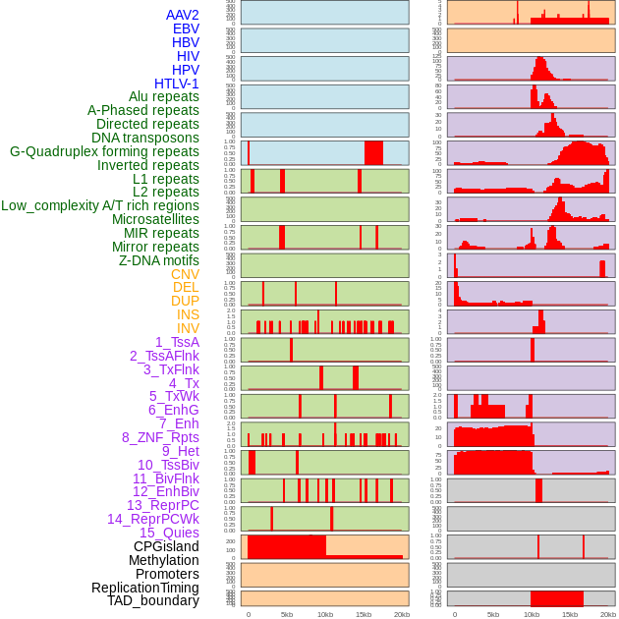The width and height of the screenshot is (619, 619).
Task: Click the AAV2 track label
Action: (x=182, y=15)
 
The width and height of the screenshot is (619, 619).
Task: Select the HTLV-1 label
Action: (x=176, y=84)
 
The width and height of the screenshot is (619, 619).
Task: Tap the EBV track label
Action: (x=186, y=28)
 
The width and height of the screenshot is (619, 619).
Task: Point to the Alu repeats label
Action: (x=164, y=97)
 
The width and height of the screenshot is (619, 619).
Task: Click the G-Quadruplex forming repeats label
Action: (x=104, y=151)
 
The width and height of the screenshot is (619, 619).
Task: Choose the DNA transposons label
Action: (x=145, y=138)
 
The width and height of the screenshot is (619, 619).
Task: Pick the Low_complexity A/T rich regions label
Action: (x=100, y=205)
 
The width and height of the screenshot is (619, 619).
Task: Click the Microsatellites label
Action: (x=155, y=219)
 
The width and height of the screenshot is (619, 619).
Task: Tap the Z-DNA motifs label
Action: (x=158, y=260)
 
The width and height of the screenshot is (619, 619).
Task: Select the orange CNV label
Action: (x=185, y=274)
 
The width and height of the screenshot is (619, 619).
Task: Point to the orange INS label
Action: (x=188, y=314)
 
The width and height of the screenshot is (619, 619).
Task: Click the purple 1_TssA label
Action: (x=177, y=342)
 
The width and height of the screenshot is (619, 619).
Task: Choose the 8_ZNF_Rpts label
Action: (x=160, y=437)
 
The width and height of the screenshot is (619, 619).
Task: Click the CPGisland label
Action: (x=166, y=546)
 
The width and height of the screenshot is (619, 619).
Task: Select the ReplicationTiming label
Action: (x=144, y=588)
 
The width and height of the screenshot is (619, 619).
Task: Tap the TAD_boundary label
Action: (x=153, y=600)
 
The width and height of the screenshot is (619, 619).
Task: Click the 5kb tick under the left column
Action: (x=287, y=614)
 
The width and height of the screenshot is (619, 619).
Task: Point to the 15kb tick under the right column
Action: (x=569, y=614)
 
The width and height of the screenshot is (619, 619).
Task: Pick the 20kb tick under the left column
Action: (x=401, y=614)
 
